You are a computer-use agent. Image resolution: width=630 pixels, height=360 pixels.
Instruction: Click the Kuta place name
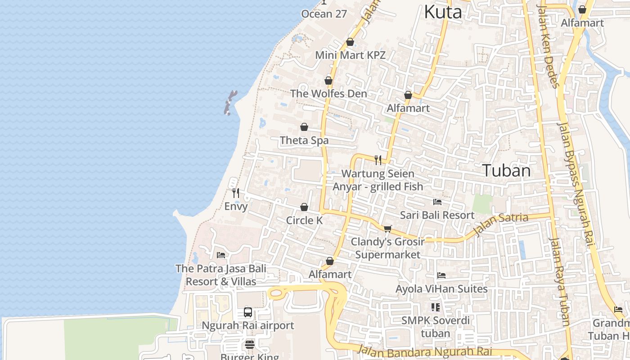point(443,12)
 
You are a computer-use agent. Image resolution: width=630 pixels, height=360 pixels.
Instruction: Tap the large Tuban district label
point(506,171)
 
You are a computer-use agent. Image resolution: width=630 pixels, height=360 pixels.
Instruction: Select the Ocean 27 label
point(324,13)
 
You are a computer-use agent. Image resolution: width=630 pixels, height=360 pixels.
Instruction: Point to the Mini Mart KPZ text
point(350,55)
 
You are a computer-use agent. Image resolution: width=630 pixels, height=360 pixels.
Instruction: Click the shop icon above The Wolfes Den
point(328,81)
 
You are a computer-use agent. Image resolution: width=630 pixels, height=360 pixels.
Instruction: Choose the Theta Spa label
point(304,140)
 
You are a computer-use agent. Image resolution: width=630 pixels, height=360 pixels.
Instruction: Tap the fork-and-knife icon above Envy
point(236,193)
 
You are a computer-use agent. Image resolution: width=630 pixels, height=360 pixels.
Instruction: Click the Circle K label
point(304,220)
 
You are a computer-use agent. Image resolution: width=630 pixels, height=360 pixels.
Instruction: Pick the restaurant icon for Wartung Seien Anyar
point(378,160)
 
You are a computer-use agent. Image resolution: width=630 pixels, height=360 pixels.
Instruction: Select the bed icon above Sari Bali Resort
point(437,202)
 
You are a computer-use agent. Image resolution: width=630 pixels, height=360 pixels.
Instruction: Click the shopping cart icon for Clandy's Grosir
point(388,229)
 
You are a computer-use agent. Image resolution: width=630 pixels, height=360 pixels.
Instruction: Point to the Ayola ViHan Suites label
point(441,289)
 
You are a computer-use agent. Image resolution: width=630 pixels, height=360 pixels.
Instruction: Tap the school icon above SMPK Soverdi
point(435,307)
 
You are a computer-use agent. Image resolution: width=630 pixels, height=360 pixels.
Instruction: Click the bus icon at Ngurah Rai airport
point(248,312)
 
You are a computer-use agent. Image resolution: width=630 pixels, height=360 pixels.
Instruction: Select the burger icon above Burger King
point(250,345)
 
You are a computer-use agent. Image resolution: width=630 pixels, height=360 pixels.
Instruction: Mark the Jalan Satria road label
point(501,224)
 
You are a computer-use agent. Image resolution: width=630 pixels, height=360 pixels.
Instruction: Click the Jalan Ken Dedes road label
point(549,45)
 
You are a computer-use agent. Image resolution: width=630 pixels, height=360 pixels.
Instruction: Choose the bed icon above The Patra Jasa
point(221,255)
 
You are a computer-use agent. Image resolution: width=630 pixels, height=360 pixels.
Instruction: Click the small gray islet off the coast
point(230,103)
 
